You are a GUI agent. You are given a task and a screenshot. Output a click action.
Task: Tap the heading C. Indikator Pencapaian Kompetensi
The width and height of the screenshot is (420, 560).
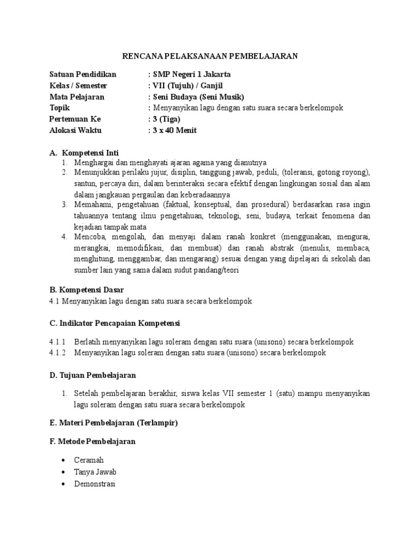[x=114, y=323]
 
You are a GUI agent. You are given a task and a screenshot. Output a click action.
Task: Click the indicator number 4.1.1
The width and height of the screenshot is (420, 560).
[x=57, y=342]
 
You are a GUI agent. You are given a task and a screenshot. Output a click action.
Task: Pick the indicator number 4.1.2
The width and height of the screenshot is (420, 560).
[x=57, y=353]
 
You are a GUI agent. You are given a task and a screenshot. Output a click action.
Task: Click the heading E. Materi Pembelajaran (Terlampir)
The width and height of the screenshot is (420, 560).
[x=113, y=423]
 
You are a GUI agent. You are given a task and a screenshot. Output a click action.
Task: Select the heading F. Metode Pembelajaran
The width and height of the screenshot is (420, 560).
[x=92, y=441]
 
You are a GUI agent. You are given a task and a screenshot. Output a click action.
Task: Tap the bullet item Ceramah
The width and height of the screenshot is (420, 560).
[x=89, y=460]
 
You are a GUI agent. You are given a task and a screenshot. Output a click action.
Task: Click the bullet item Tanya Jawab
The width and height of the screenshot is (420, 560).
[x=96, y=471]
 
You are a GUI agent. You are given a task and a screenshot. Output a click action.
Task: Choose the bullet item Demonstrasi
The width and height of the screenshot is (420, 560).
[x=95, y=483]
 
